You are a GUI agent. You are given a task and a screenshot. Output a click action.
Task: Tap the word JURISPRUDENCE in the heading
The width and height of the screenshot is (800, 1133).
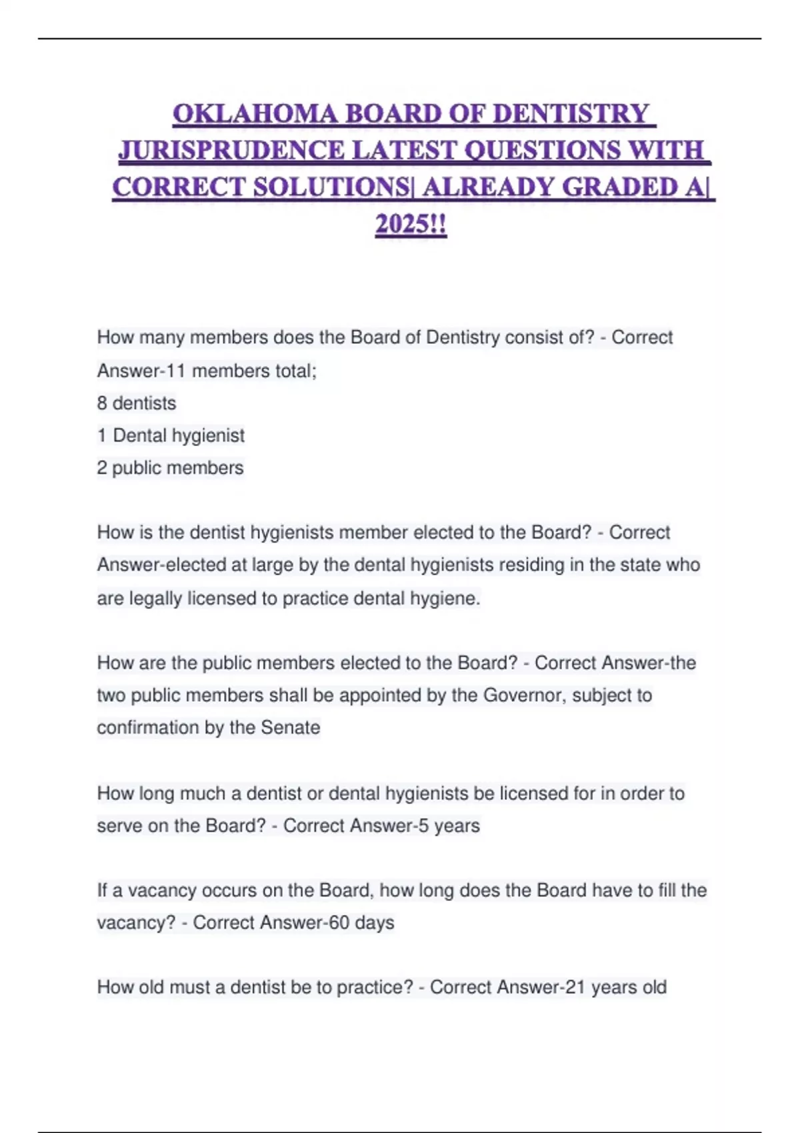tap(231, 151)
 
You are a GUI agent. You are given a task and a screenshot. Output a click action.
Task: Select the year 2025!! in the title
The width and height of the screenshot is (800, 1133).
tap(411, 224)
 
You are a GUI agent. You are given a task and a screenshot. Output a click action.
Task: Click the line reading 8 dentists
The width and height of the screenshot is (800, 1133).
tap(137, 403)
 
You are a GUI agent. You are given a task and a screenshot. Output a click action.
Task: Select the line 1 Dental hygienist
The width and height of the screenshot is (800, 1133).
tap(171, 436)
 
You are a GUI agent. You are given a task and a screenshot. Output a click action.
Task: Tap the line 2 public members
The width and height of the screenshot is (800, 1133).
tap(170, 468)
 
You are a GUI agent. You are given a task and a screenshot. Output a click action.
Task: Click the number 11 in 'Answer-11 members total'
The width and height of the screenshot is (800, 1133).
tap(175, 371)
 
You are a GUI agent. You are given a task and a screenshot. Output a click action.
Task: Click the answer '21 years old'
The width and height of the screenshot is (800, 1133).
tap(615, 987)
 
